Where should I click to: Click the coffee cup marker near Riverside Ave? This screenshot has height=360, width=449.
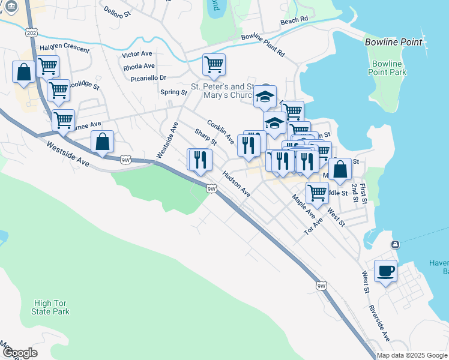pos(385,271)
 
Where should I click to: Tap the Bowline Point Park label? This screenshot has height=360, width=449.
pos(388,68)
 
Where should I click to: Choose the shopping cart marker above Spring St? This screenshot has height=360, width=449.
pos(214,65)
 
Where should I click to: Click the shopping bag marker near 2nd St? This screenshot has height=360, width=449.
pos(340,169)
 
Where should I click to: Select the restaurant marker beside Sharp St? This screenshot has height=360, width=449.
pos(200,160)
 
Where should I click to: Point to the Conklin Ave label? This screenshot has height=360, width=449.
pos(220,131)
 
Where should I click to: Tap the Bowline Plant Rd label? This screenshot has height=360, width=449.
pos(263,45)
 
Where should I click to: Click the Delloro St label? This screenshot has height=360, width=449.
pos(117,13)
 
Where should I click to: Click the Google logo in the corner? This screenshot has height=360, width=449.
pos(19,353)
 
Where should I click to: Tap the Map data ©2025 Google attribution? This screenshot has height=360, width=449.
pos(412,355)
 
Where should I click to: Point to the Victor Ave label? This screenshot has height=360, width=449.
pos(137,54)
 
